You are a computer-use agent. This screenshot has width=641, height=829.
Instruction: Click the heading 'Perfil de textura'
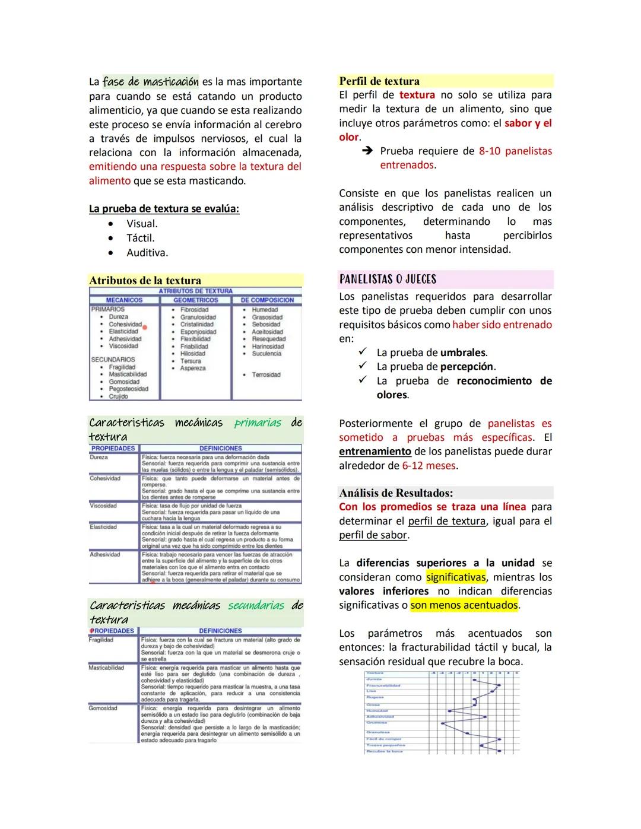379,81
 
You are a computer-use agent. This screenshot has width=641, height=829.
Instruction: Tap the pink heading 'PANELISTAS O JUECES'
388,279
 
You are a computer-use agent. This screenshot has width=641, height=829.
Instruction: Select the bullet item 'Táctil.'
140,238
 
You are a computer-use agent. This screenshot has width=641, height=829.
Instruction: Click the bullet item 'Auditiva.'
147,253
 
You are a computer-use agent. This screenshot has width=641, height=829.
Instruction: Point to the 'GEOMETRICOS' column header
195,300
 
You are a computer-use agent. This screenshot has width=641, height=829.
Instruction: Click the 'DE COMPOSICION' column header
267,300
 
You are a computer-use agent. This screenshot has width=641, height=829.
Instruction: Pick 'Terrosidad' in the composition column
266,375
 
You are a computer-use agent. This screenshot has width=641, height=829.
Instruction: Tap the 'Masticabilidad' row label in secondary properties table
106,668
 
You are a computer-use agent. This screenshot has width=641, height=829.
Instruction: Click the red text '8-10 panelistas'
515,151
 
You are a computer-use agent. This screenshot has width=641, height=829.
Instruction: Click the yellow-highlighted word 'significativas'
456,577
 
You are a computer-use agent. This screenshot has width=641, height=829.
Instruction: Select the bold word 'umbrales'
464,352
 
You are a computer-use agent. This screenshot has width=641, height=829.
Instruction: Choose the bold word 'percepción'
467,367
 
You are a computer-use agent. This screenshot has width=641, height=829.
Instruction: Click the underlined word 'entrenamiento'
375,452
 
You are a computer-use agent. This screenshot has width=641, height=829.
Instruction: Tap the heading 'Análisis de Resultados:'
396,493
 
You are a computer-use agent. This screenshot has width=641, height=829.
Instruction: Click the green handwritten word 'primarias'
258,423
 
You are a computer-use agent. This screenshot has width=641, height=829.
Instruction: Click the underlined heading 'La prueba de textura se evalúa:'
164,209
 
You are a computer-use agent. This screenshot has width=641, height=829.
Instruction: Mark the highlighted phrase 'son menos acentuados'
464,605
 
